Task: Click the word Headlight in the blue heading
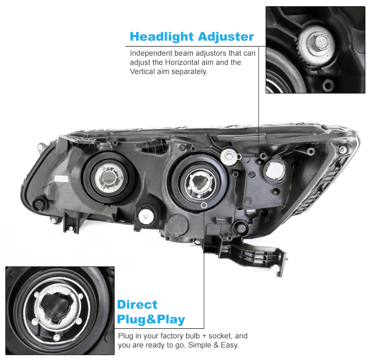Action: pyautogui.click(x=161, y=37)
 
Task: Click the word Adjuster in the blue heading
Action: pyautogui.click(x=226, y=37)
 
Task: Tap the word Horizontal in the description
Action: pyautogui.click(x=182, y=62)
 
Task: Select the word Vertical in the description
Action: pyautogui.click(x=142, y=72)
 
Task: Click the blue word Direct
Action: pyautogui.click(x=137, y=305)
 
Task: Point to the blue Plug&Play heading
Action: pyautogui.click(x=151, y=319)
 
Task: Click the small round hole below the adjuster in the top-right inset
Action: pyautogui.click(x=328, y=85)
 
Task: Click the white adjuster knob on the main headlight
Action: pyautogui.click(x=229, y=157)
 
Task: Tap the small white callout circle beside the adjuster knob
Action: pyautogui.click(x=238, y=156)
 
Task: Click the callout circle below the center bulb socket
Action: pyautogui.click(x=204, y=205)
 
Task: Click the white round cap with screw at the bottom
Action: pyautogui.click(x=145, y=217)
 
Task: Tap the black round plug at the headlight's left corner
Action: pyautogui.click(x=39, y=204)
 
